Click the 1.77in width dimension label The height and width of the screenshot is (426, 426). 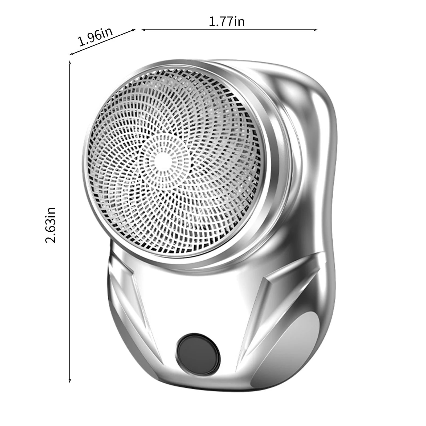pos(226,21)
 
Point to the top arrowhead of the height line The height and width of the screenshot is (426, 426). pos(70,63)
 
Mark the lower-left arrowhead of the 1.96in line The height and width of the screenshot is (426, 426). pos(71,54)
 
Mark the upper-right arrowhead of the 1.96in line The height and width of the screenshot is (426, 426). pos(134,30)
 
